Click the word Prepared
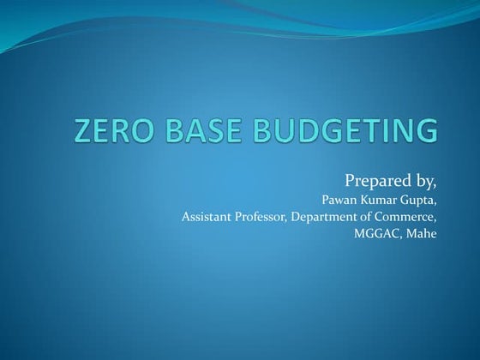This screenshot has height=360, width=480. point(375,181)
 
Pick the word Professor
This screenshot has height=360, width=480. point(261,217)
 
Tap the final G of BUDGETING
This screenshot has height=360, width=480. point(424,131)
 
